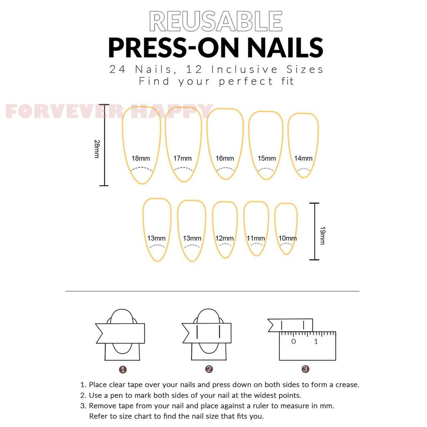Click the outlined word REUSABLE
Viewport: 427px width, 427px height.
216,21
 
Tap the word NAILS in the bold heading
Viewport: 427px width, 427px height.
285,48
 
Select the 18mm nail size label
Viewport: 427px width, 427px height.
141,158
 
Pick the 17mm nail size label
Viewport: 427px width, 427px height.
183,158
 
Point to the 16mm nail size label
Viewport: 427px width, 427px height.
225,158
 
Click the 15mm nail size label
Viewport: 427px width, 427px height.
267,158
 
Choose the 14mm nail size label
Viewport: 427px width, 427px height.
304,158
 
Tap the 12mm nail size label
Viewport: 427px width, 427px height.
224,238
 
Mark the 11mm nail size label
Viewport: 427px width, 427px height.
256,238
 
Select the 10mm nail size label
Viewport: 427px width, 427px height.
288,238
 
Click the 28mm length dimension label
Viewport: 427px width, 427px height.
97,149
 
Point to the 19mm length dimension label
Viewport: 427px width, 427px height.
323,236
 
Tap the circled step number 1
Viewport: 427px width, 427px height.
123,369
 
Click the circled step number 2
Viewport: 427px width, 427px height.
209,369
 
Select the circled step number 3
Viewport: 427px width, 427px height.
305,369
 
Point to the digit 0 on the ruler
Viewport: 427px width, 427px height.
293,342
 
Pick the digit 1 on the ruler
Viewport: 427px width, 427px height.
316,342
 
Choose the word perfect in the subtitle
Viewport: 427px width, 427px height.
246,81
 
